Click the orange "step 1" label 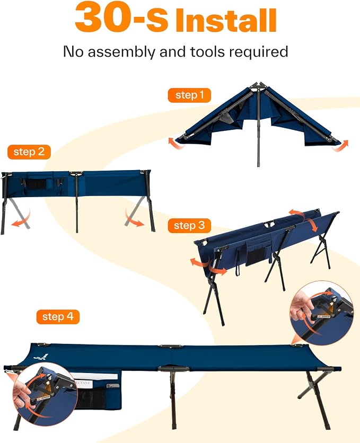pyautogui.click(x=189, y=95)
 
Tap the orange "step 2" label pyautogui.click(x=29, y=152)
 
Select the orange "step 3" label pyautogui.click(x=189, y=225)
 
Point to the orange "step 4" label pyautogui.click(x=58, y=317)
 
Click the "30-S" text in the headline pyautogui.click(x=121, y=17)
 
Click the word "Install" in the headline pyautogui.click(x=226, y=20)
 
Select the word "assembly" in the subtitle pyautogui.click(x=121, y=52)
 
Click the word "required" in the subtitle pyautogui.click(x=258, y=52)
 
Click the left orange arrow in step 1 pyautogui.click(x=174, y=142)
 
